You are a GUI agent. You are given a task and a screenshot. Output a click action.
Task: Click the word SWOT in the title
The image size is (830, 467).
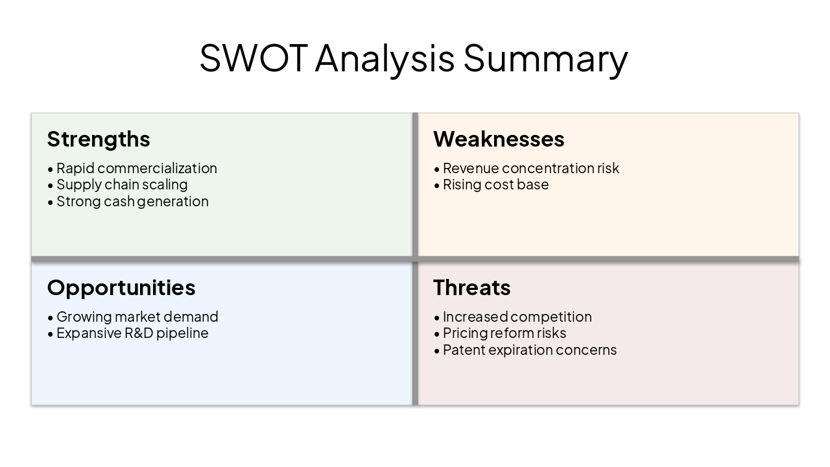[253, 58]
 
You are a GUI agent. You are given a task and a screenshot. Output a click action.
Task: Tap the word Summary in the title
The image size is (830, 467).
[545, 58]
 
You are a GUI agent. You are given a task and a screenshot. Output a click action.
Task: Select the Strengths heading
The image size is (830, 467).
[99, 139]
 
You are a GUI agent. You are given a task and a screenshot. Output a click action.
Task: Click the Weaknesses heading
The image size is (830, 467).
[499, 139]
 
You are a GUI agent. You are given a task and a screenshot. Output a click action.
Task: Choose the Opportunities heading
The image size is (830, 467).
[121, 287]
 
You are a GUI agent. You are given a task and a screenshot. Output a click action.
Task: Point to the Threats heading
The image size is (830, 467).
[471, 287]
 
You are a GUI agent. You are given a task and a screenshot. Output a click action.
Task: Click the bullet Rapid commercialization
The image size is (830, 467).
[136, 169]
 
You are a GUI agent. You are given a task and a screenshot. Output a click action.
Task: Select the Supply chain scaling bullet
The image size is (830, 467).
[122, 185]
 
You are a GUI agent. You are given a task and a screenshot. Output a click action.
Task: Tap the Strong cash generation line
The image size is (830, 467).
[132, 201]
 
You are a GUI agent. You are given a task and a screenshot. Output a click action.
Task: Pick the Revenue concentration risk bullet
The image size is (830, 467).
[530, 169]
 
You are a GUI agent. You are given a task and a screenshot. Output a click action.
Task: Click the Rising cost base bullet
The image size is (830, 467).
[495, 185]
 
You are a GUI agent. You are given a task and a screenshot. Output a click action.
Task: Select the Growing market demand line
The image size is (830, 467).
[137, 317]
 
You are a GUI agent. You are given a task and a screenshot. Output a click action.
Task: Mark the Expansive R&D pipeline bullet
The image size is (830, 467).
[132, 333]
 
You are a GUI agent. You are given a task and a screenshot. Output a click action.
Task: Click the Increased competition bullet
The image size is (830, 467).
[517, 317]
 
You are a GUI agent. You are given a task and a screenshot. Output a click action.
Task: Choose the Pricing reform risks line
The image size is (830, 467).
[504, 333]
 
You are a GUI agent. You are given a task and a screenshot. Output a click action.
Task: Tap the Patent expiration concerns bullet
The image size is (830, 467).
[529, 350]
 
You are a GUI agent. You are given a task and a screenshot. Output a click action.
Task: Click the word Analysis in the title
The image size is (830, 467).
[385, 58]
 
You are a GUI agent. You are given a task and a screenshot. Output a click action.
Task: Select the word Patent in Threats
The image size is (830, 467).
[464, 350]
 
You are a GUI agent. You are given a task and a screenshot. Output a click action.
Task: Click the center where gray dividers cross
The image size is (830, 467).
[415, 259]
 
